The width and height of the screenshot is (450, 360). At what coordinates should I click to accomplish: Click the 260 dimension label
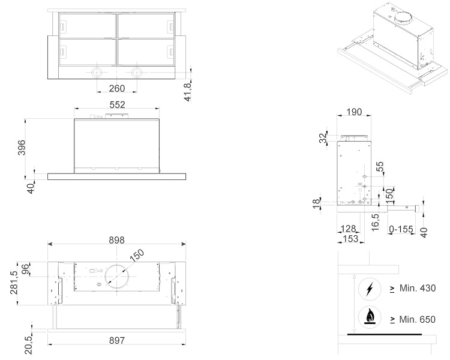[x=117, y=89]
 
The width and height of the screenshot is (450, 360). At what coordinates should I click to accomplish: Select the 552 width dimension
[x=117, y=104]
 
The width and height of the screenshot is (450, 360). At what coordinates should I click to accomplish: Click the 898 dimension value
[x=116, y=239]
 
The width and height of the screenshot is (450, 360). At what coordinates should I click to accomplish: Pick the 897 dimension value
[x=117, y=341]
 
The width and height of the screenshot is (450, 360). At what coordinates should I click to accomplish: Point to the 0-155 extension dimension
[x=401, y=229]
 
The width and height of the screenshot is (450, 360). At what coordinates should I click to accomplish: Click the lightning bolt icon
[x=370, y=289]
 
